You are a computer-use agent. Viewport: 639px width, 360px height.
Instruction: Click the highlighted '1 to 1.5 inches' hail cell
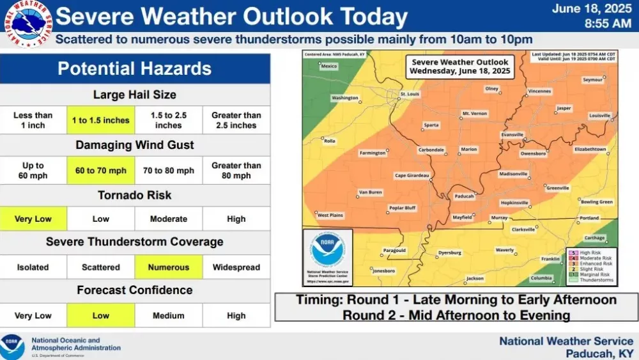coord(101,120)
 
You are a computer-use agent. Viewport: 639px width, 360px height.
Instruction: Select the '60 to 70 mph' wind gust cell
coord(101,171)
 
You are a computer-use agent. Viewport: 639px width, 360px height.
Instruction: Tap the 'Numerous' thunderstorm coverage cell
coord(169,267)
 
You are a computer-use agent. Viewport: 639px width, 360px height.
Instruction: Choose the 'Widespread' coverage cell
coord(236,267)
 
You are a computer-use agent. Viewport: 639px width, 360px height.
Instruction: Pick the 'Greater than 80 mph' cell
coord(236,171)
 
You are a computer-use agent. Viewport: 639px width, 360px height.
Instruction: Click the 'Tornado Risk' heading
coord(134,195)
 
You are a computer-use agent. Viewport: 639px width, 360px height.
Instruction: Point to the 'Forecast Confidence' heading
coord(134,290)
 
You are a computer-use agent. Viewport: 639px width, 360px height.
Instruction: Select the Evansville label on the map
coord(512,134)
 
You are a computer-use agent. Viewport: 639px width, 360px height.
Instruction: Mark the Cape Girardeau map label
coord(412,175)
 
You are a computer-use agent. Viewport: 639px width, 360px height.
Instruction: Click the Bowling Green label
coord(597,202)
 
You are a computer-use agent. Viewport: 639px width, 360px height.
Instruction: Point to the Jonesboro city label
coord(383,271)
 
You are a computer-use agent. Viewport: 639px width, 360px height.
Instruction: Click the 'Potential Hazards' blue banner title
coord(134,68)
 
